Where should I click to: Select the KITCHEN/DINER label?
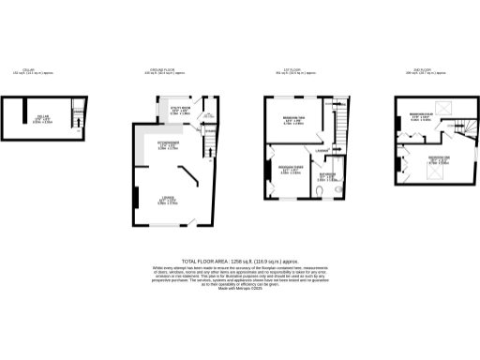[168, 144]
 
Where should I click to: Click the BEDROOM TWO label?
[293, 119]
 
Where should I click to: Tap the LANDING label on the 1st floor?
[322, 150]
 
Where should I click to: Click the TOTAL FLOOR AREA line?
[240, 262]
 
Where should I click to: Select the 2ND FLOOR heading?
[427, 71]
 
